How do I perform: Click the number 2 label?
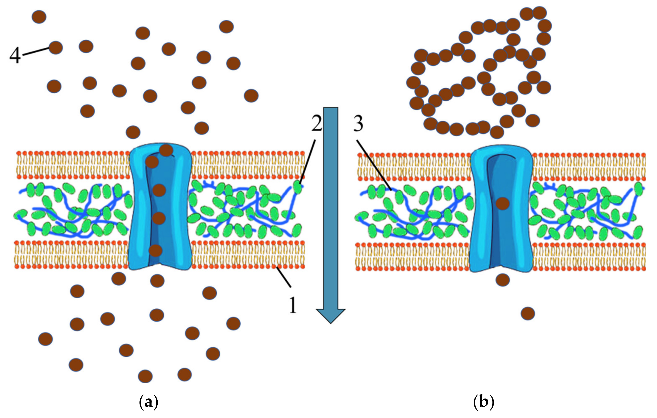(317, 124)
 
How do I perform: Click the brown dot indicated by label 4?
(56, 48)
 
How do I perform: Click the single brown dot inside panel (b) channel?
(502, 203)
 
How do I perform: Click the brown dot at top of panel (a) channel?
(166, 150)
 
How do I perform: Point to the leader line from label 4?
(36, 52)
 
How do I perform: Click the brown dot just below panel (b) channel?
(502, 280)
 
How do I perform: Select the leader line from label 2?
(308, 161)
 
